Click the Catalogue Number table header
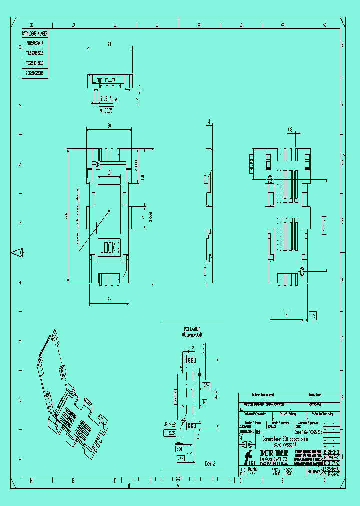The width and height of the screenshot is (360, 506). coord(34,34)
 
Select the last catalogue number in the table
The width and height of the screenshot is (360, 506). coord(34,73)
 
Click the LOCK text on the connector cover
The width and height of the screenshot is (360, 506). coord(110,247)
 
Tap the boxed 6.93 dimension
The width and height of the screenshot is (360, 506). coord(251,162)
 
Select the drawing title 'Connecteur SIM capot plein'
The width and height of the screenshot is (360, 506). coord(285,438)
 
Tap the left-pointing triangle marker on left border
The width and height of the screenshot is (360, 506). coord(18,253)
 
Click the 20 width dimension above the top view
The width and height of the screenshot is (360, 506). coord(109,126)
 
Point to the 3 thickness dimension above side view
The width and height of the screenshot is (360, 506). coord(209,121)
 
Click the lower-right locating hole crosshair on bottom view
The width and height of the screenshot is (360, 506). coord(302,271)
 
